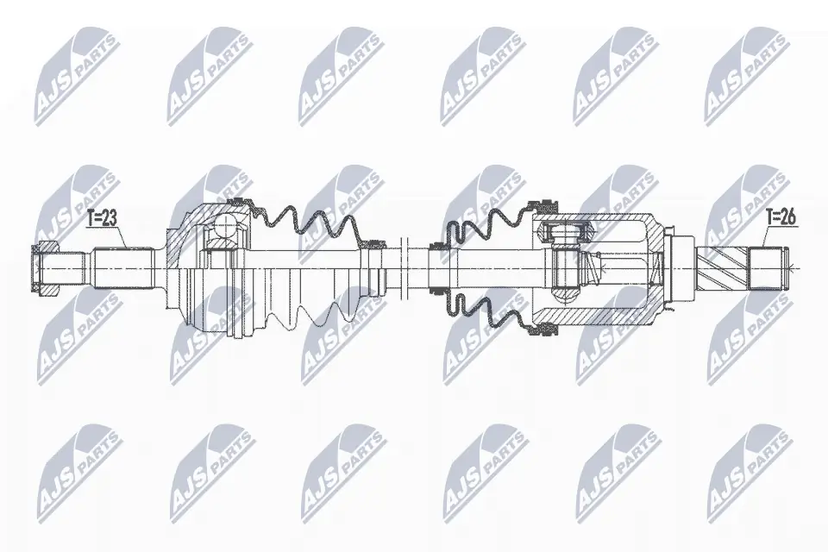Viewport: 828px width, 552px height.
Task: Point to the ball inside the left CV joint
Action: pos(226,226)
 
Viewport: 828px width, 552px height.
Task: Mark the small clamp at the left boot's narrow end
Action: pos(375,245)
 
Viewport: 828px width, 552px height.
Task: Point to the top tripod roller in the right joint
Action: pos(565,232)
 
